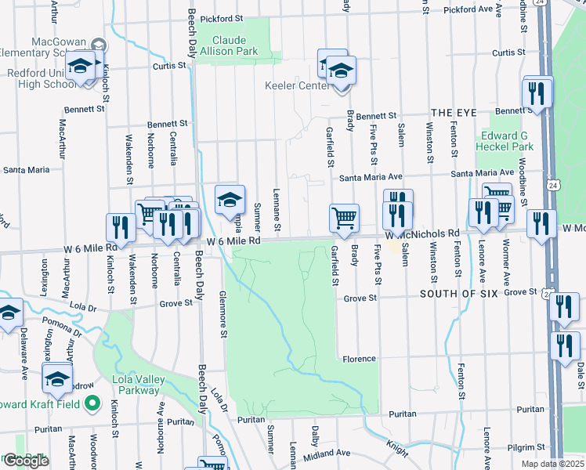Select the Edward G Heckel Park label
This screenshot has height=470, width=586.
(506, 141)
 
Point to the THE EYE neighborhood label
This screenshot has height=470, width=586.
(454, 113)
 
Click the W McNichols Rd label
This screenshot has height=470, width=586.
(423, 234)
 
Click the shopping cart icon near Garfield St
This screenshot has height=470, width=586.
(345, 219)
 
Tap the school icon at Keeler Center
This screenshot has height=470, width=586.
(341, 72)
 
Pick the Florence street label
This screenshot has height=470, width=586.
(359, 359)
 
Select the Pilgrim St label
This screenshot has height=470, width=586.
(524, 446)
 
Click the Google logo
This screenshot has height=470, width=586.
(26, 461)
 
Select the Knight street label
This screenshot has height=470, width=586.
(397, 448)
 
